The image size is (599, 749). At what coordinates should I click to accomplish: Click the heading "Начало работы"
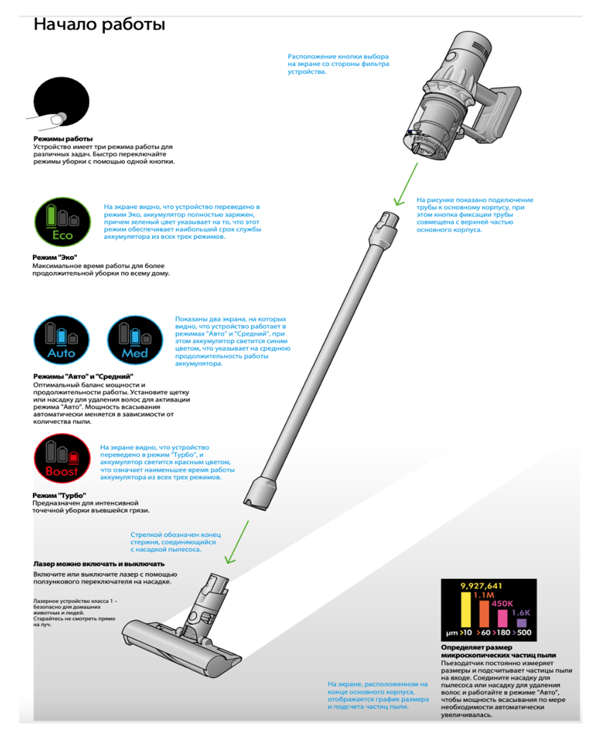(x=100, y=25)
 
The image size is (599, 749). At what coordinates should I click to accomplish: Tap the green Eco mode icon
(x=63, y=222)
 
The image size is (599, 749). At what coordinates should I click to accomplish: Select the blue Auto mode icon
(x=61, y=340)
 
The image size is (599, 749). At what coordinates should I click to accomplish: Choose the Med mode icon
(x=136, y=340)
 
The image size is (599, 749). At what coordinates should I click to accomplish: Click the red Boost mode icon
(x=62, y=458)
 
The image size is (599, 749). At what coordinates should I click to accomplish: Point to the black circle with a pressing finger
(x=61, y=102)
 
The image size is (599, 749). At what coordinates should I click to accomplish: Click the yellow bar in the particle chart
(x=466, y=610)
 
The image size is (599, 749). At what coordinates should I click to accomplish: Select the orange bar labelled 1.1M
(x=484, y=613)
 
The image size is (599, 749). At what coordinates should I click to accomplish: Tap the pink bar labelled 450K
(x=502, y=618)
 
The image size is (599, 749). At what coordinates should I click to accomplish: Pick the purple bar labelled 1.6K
(x=522, y=623)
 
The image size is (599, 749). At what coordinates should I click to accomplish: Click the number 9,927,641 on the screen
(x=481, y=586)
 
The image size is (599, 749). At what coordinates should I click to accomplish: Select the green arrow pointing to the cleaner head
(x=237, y=542)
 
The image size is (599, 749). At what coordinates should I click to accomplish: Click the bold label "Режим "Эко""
(x=55, y=258)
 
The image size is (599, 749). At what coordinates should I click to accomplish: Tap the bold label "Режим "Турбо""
(x=59, y=495)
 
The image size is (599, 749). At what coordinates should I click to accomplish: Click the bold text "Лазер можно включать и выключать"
(x=99, y=564)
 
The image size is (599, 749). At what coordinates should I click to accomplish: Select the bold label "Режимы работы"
(x=63, y=139)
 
